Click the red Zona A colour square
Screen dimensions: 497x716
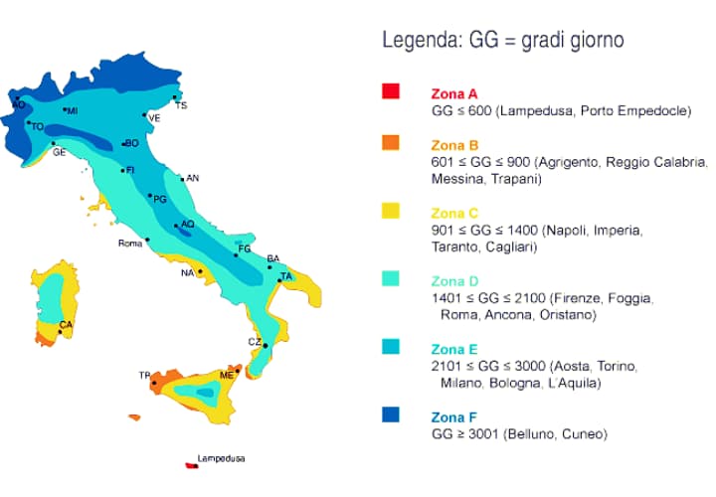(x=390, y=91)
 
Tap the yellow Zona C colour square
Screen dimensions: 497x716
(x=390, y=211)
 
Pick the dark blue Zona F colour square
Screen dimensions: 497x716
(x=390, y=414)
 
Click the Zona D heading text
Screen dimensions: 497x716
(x=454, y=280)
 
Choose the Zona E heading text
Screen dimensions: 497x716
(x=454, y=349)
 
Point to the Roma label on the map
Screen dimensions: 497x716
(x=130, y=244)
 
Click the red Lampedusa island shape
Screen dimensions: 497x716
(x=189, y=462)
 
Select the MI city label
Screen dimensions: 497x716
(x=73, y=110)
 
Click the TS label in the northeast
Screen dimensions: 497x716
(x=180, y=105)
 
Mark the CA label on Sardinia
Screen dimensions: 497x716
(x=66, y=325)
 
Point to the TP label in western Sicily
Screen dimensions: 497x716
(x=144, y=376)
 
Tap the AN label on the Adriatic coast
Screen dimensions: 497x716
(x=193, y=179)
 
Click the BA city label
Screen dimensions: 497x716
(x=272, y=258)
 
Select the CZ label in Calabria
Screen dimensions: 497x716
(x=254, y=342)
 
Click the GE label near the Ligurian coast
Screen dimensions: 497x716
(x=60, y=152)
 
